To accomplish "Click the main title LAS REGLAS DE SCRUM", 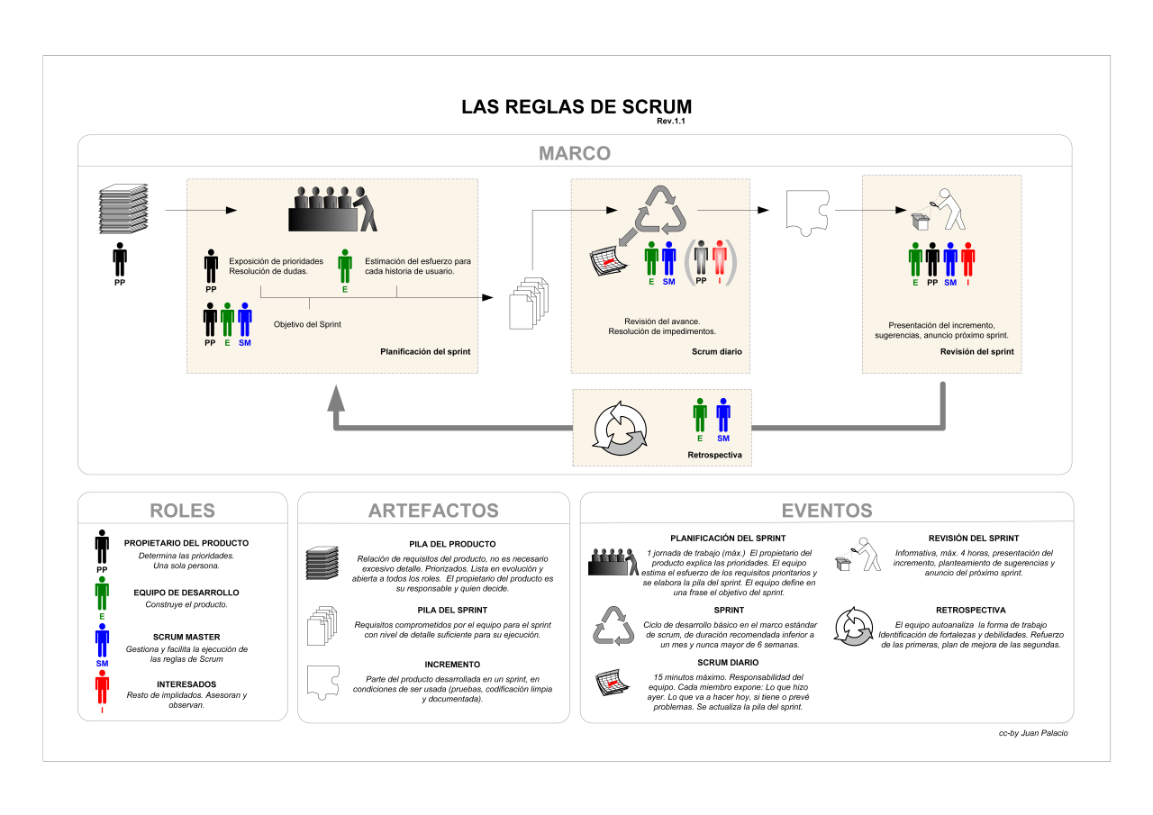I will click(576, 106).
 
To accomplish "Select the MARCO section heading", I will click(575, 153).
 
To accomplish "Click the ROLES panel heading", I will click(182, 511).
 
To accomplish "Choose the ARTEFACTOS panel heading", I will click(433, 511).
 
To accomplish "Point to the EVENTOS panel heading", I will click(826, 511).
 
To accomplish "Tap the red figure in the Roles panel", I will click(102, 689).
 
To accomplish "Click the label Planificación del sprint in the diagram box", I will click(425, 351).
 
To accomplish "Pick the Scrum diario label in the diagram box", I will click(717, 351).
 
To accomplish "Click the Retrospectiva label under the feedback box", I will click(714, 456).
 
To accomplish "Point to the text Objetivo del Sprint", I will click(307, 324).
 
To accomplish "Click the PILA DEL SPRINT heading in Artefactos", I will click(433, 610).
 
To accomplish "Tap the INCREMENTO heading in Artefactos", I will click(433, 664).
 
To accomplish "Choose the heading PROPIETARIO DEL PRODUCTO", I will click(186, 543).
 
